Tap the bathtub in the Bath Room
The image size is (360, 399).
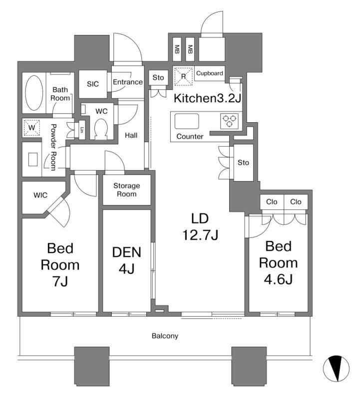coord(34,93)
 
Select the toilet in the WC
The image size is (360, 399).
coord(101,129)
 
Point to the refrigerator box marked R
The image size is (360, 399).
coord(183,76)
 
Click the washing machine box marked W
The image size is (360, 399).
coord(31,128)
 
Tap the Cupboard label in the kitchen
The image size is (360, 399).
coord(209,73)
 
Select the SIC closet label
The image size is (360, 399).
coord(93,84)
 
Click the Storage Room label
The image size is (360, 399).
coord(126,190)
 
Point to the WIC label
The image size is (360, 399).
coord(40,195)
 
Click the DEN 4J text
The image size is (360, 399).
coord(126,260)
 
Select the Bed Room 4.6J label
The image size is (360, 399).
coord(278,262)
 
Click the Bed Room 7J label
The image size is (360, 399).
coord(59,264)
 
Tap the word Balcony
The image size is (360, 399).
coord(165,336)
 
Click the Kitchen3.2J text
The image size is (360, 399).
coord(207,98)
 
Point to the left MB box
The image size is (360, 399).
coord(177,49)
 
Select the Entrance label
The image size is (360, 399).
coord(127,82)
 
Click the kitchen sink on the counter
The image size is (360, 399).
coord(187,122)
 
